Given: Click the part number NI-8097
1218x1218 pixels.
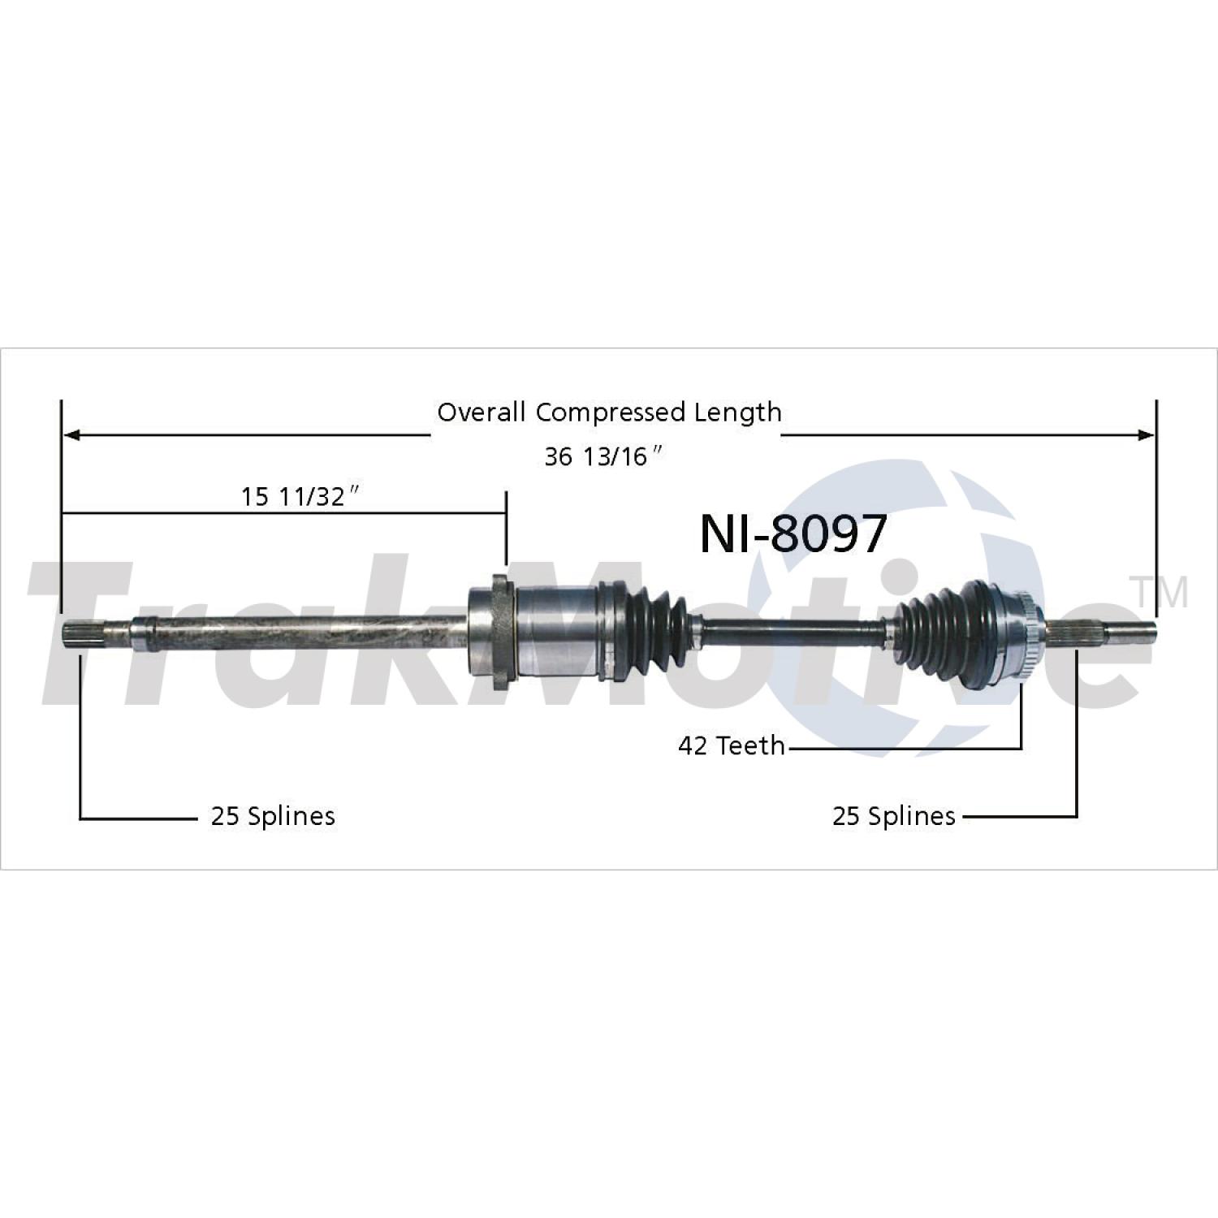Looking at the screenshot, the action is pyautogui.click(x=793, y=534).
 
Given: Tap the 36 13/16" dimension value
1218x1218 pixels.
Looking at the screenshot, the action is pyautogui.click(x=605, y=456).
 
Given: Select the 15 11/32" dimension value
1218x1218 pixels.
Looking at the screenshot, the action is pyautogui.click(x=300, y=495).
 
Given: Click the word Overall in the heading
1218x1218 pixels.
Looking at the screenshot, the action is pyautogui.click(x=482, y=412).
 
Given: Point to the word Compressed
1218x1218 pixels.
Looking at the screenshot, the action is pyautogui.click(x=611, y=413).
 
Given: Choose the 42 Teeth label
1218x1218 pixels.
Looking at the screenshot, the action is pyautogui.click(x=732, y=745).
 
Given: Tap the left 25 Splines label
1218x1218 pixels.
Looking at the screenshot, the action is pyautogui.click(x=273, y=815).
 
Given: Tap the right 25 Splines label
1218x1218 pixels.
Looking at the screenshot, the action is pyautogui.click(x=894, y=815).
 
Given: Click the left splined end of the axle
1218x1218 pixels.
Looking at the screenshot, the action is pyautogui.click(x=81, y=633).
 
